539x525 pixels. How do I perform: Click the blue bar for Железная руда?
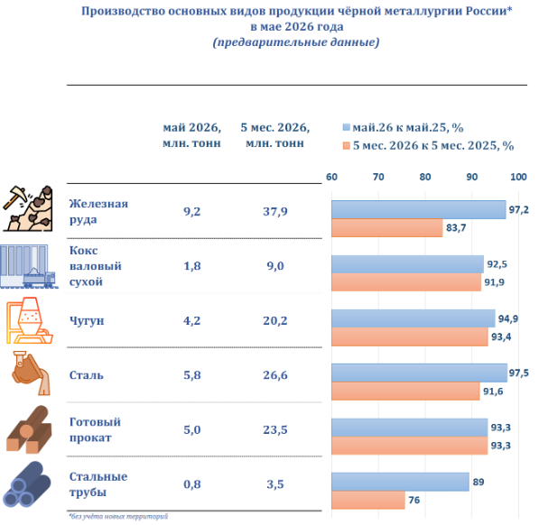pyautogui.click(x=418, y=210)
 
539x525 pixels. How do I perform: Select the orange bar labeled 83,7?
pyautogui.click(x=387, y=227)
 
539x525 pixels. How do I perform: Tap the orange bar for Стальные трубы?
pyautogui.click(x=368, y=500)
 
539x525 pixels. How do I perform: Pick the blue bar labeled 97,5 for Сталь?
pyautogui.click(x=420, y=373)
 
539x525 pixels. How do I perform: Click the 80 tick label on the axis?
pyautogui.click(x=425, y=177)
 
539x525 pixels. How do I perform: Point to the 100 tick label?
pyautogui.click(x=518, y=177)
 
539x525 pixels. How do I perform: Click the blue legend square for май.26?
pyautogui.click(x=346, y=127)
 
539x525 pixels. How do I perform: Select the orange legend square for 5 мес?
pyautogui.click(x=346, y=145)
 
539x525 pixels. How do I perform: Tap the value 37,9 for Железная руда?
pyautogui.click(x=275, y=211)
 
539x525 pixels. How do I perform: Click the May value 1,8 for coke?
pyautogui.click(x=191, y=266)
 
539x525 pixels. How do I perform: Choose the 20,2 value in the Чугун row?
pyautogui.click(x=275, y=320)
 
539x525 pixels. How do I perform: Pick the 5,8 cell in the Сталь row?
pyautogui.click(x=191, y=375)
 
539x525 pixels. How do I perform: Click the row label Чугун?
pyautogui.click(x=87, y=321)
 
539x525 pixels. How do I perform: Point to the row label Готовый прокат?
pyautogui.click(x=95, y=429)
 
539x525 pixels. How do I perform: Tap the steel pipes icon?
pyautogui.click(x=27, y=484)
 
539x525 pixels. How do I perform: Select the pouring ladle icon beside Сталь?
pyautogui.click(x=31, y=373)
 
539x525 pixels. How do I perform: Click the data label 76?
pyautogui.click(x=414, y=500)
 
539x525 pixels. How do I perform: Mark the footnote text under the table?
pyautogui.click(x=118, y=516)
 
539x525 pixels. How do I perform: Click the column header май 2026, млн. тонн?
pyautogui.click(x=191, y=135)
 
